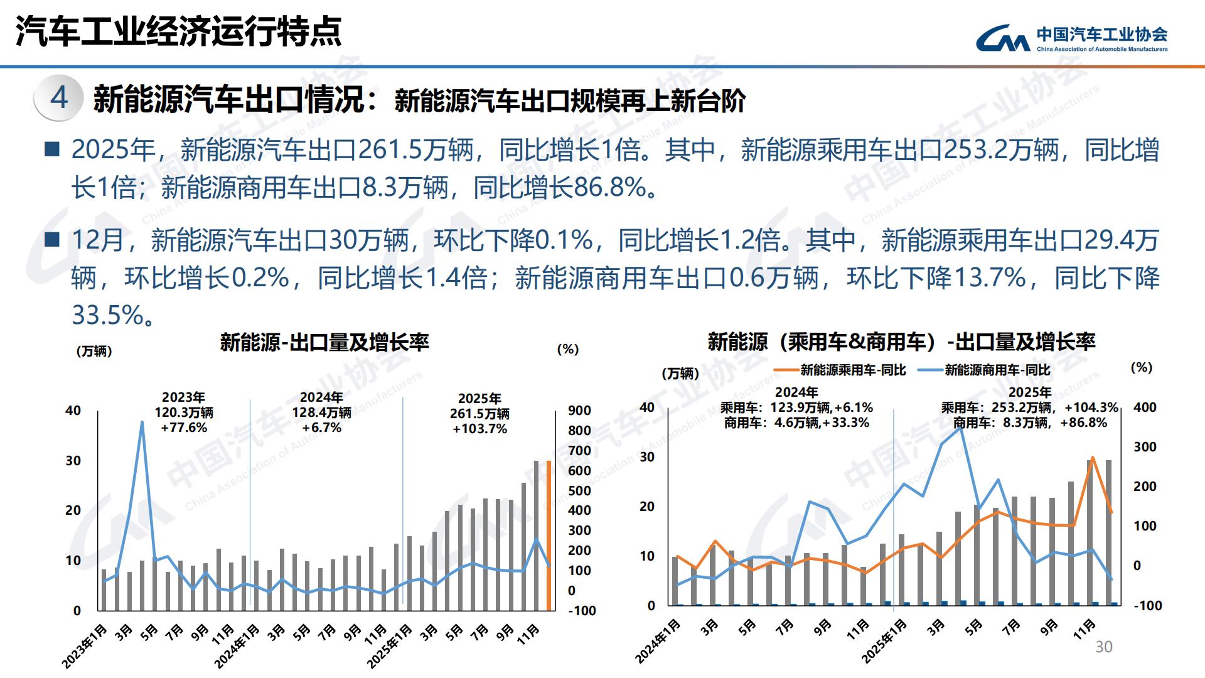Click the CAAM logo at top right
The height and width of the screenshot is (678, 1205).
[x=1071, y=38]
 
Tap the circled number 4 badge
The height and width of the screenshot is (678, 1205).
[x=59, y=97]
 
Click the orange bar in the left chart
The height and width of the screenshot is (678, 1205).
[x=549, y=535]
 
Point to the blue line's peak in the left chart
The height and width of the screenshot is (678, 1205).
[x=142, y=422]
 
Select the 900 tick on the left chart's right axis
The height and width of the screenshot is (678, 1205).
[x=579, y=411]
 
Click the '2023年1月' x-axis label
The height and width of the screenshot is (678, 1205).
[x=84, y=645]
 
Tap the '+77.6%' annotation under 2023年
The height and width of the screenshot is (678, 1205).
[x=184, y=428]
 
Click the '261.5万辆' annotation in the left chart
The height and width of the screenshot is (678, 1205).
[x=479, y=414]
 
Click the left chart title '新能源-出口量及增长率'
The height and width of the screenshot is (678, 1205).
[x=324, y=343]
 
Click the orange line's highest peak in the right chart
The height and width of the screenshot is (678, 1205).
[x=1093, y=458]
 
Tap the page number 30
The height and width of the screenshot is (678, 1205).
[x=1103, y=647]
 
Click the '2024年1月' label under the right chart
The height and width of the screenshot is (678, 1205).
[x=658, y=641]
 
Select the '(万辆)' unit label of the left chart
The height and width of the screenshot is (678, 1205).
[x=94, y=352]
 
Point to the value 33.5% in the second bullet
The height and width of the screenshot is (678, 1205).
[x=109, y=315]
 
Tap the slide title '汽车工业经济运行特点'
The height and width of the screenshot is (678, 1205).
[x=179, y=31]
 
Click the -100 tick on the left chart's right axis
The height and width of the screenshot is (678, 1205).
[x=581, y=611]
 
